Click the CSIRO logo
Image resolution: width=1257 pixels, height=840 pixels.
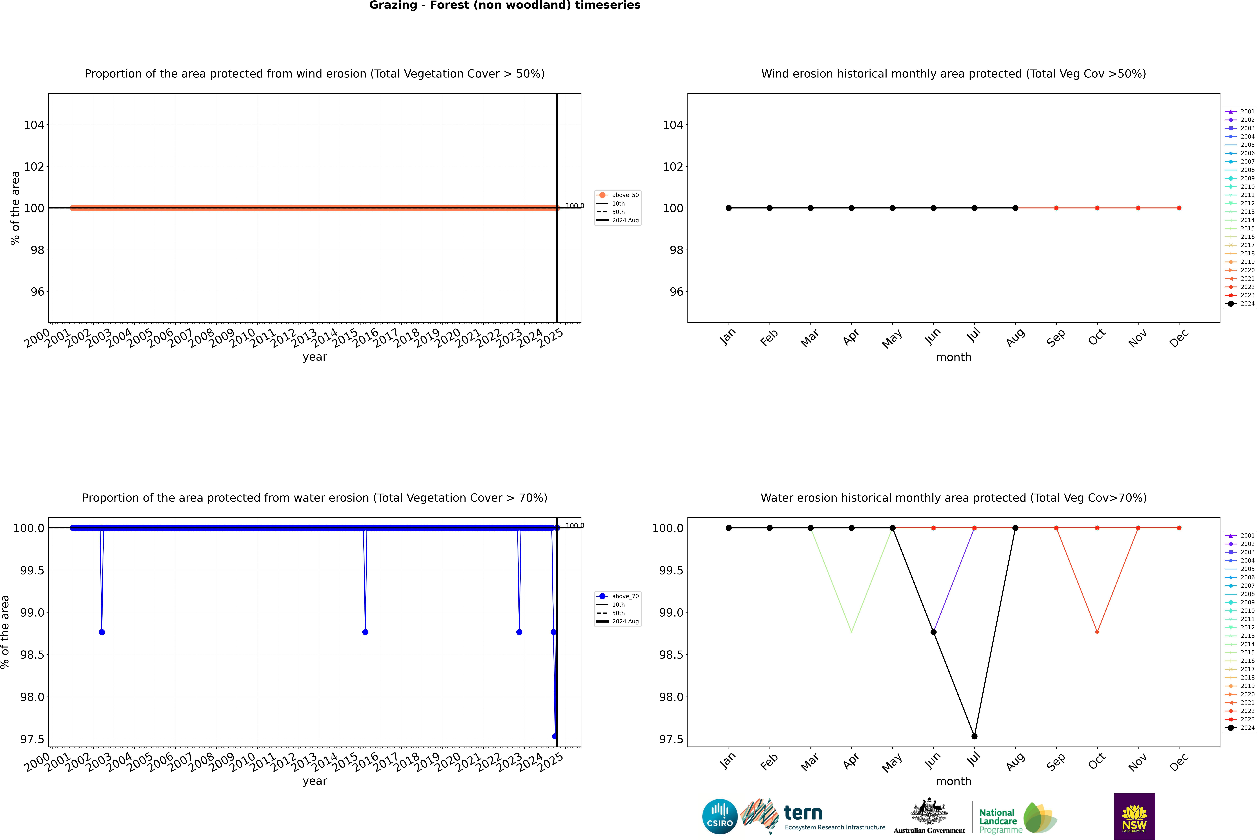720,816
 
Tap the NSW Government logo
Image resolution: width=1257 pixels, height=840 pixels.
1134,816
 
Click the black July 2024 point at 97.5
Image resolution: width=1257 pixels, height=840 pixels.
974,736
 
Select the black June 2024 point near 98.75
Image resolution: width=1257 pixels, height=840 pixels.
933,632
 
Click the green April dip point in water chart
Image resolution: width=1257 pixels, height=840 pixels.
851,632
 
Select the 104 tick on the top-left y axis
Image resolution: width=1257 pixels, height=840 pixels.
34,125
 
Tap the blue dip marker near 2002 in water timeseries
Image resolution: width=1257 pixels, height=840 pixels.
102,632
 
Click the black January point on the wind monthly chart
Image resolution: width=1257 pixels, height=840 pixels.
729,208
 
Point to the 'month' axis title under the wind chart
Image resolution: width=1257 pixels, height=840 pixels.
953,357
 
